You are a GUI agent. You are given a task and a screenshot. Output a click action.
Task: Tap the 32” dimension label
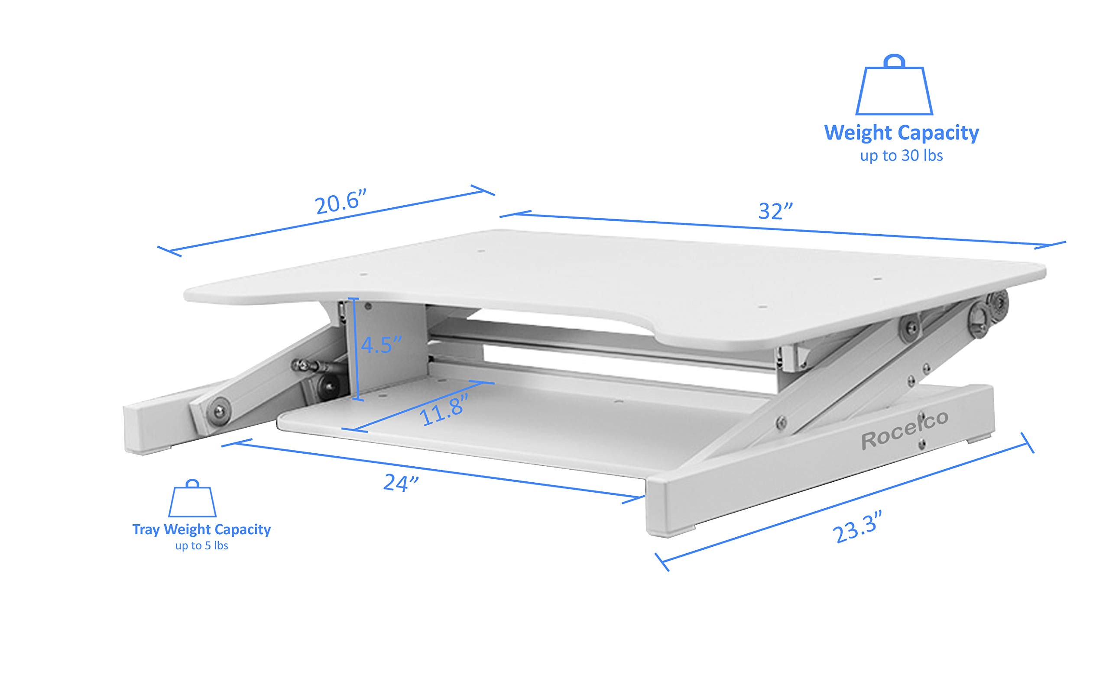775,211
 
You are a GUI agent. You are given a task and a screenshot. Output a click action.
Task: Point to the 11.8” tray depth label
443,410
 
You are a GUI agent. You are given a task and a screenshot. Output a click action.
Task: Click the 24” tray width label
401,483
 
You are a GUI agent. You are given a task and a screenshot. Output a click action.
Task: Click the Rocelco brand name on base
904,430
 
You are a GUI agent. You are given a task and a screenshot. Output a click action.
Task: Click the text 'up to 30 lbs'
901,155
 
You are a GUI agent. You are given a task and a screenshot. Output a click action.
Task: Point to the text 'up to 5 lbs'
201,546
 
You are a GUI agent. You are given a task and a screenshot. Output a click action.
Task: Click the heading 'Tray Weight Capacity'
201,529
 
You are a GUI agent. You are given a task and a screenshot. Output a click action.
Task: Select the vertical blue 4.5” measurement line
354,350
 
